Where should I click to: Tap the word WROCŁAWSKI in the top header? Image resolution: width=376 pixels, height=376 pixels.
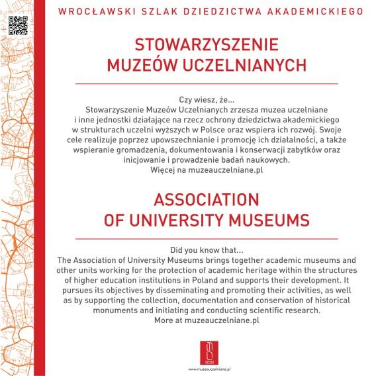[89, 11]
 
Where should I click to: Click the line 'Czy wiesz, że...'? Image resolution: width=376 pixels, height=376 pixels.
[207, 98]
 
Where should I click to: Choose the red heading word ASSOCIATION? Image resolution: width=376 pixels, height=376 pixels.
[207, 199]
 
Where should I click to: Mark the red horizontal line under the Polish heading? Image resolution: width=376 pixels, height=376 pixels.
[207, 83]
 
